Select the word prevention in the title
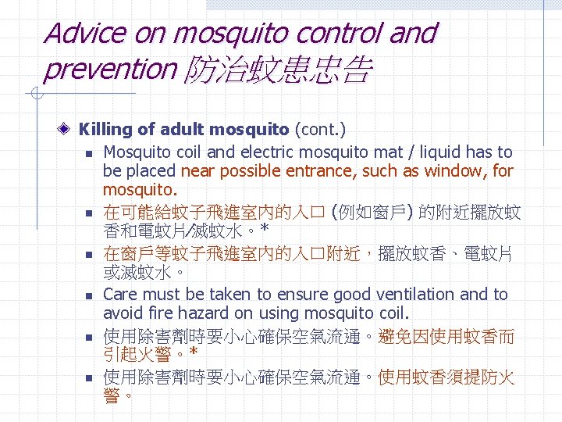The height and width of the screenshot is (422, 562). (x=110, y=70)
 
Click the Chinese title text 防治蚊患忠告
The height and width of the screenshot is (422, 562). (x=276, y=71)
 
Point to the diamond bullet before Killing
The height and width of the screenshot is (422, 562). (x=68, y=129)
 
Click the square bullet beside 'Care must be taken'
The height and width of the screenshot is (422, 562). (x=91, y=296)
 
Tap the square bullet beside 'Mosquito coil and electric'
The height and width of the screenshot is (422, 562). (x=91, y=153)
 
